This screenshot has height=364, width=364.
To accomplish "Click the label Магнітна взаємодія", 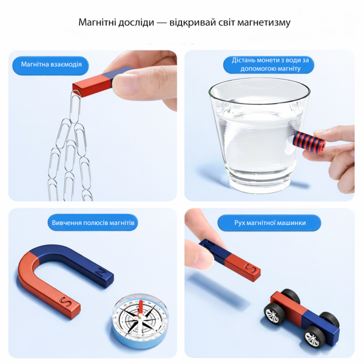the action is tap(52, 64).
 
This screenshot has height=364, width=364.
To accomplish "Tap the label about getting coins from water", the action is tap(270, 64).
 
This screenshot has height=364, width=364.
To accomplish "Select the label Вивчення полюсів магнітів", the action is tap(93, 223).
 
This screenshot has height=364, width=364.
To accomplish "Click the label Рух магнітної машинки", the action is tap(270, 223).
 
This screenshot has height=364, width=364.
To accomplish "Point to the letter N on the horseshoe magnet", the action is tap(101, 272).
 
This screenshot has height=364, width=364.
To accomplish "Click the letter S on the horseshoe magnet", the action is tap(66, 302).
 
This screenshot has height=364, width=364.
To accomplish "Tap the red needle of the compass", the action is tap(141, 308).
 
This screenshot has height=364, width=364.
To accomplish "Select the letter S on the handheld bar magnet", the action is tap(249, 269).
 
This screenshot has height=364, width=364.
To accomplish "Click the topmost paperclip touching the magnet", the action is tap(75, 107).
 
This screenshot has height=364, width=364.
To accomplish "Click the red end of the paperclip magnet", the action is tap(92, 86).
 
